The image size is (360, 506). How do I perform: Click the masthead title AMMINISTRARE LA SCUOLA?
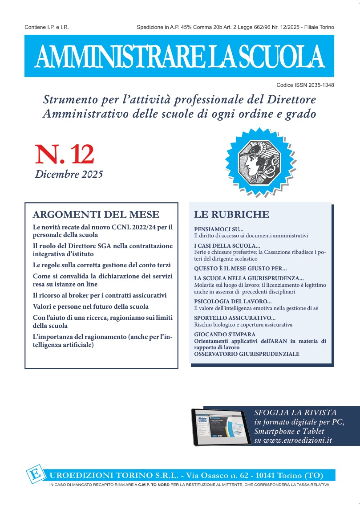click(179, 56)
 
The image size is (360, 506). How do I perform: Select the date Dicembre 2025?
click(69, 174)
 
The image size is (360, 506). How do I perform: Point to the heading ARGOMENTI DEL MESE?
click(96, 214)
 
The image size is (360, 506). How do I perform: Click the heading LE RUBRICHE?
click(231, 214)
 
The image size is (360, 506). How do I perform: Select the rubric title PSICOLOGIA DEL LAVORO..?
click(230, 302)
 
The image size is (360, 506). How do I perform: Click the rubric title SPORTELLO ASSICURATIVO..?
click(235, 318)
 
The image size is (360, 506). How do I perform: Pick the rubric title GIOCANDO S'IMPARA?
click(225, 334)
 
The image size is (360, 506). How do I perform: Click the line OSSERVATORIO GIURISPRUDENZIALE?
click(247, 354)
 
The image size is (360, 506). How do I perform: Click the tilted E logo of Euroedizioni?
click(34, 474)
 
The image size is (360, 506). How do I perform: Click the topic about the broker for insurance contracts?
click(100, 295)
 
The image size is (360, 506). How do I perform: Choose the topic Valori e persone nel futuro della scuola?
click(91, 306)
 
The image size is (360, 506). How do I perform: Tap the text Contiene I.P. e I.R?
click(47, 28)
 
